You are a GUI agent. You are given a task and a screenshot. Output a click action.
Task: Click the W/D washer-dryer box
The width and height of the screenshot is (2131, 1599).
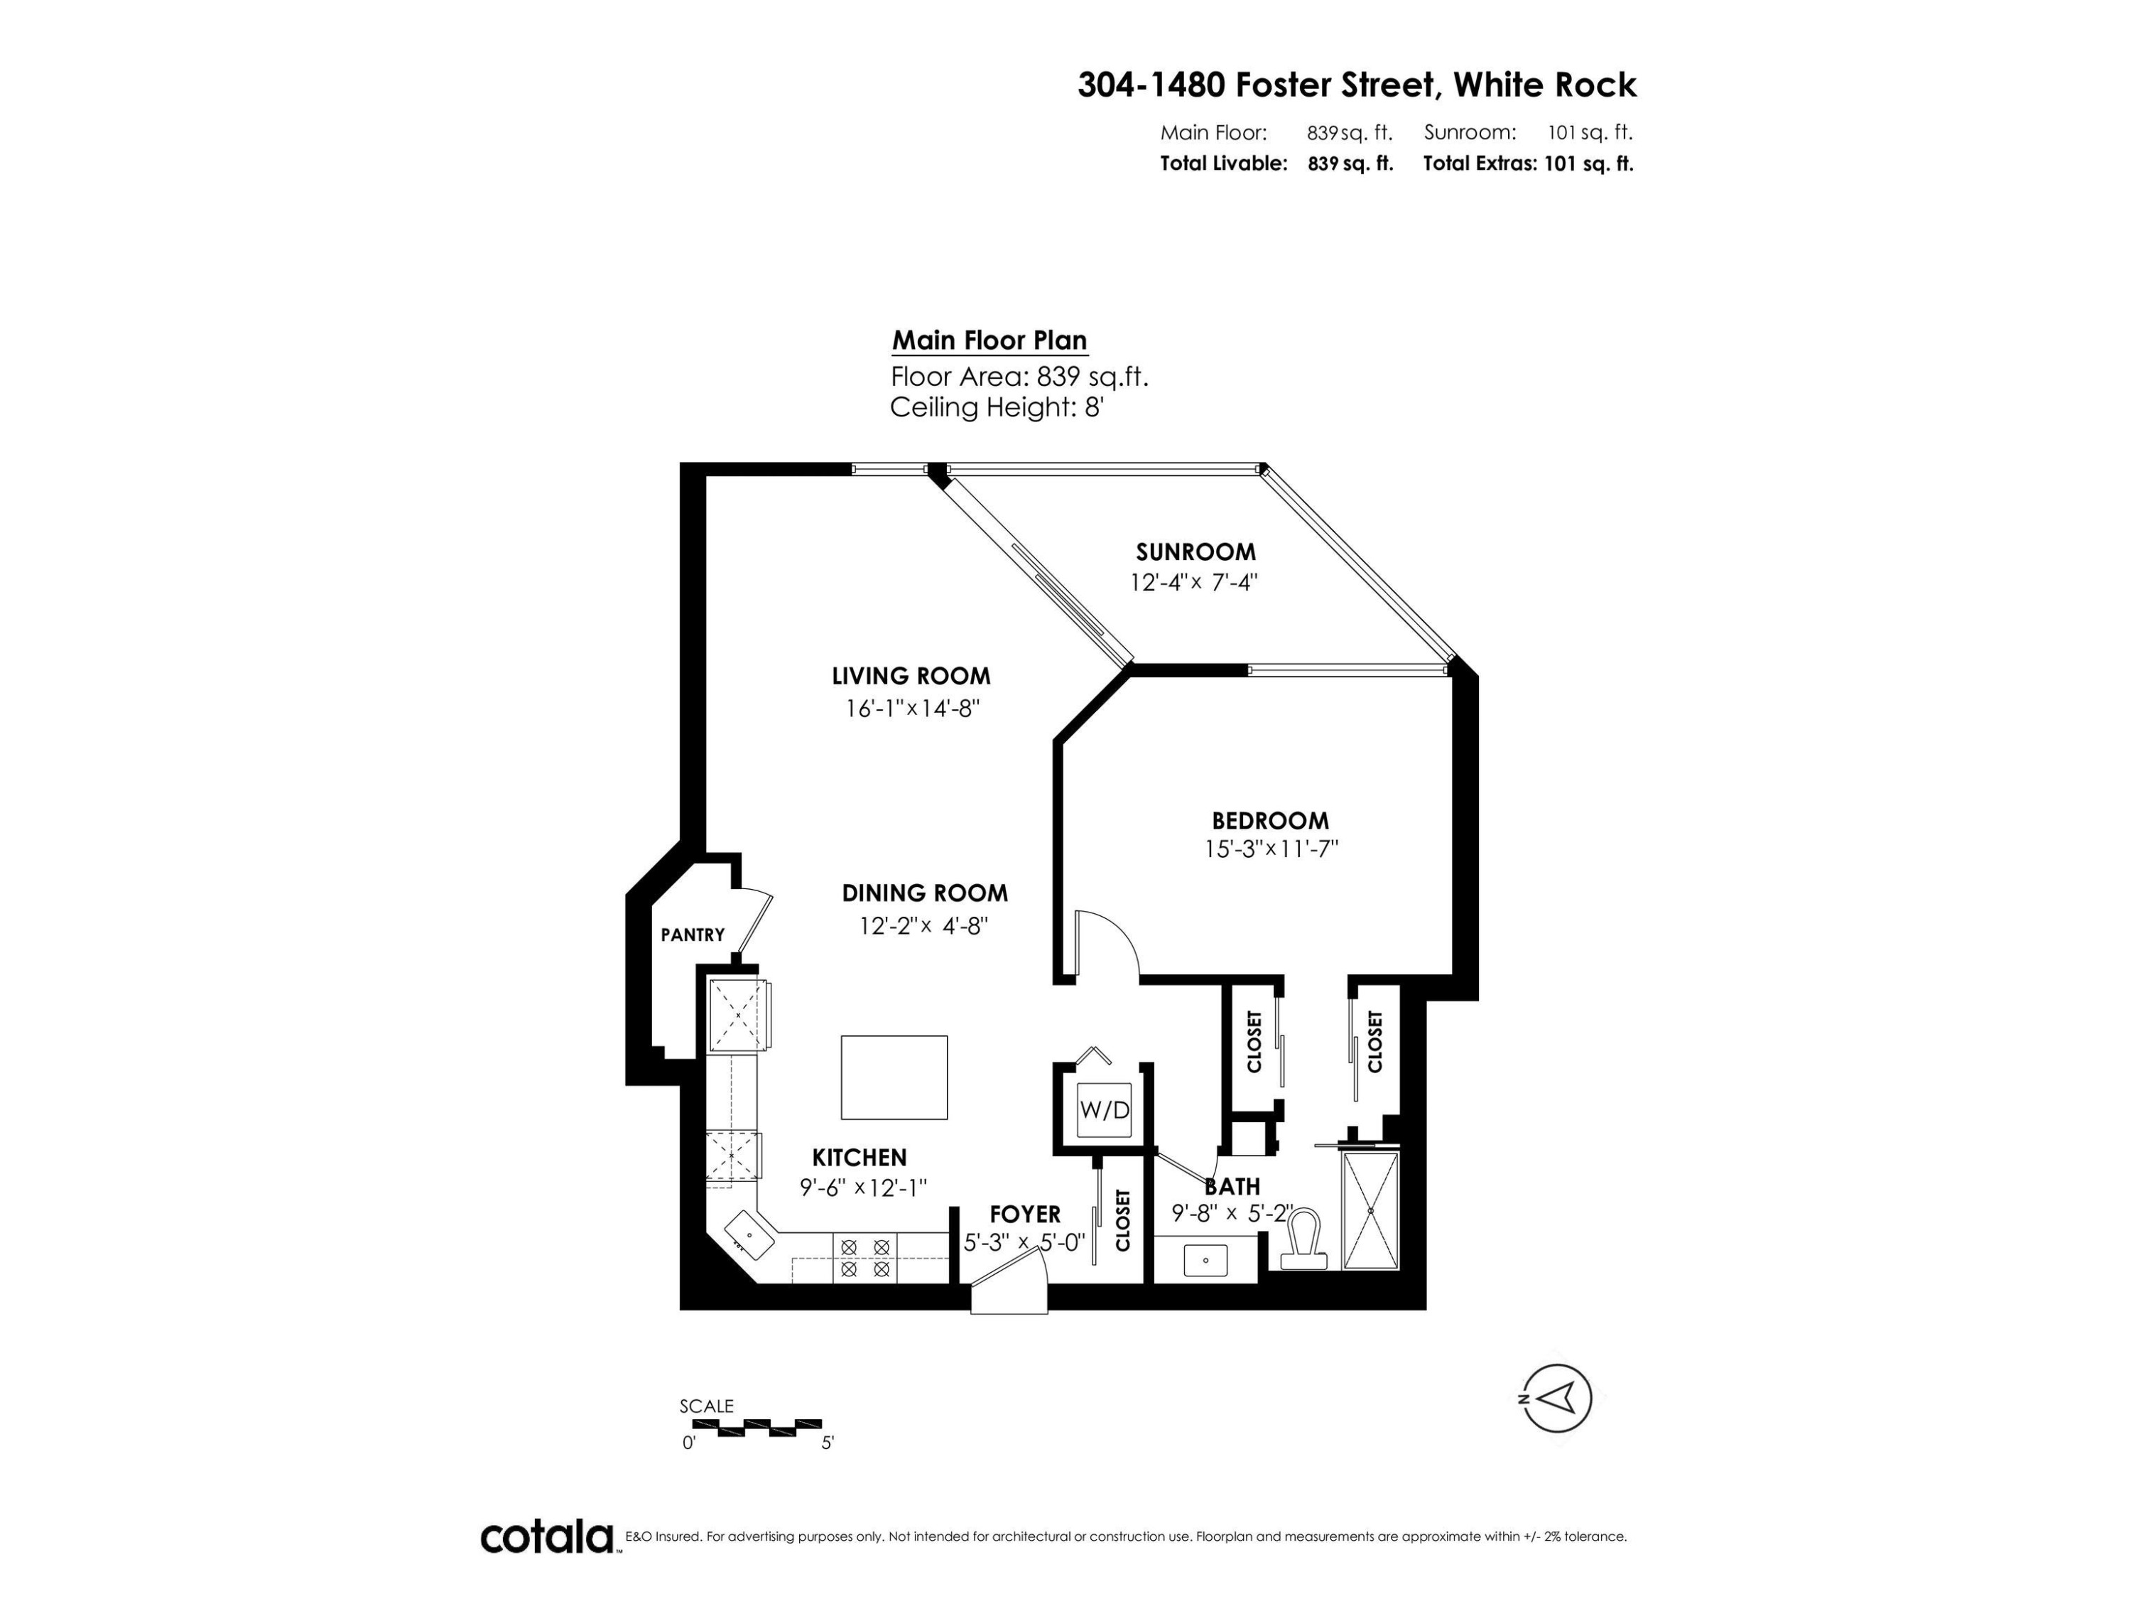(x=1104, y=1109)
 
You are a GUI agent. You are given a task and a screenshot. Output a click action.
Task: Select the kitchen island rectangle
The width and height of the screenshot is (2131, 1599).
(x=894, y=1077)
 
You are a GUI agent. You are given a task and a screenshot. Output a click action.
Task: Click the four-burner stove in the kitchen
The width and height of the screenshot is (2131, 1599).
(x=864, y=1259)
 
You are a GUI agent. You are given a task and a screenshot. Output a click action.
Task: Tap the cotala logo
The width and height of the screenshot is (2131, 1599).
(x=547, y=1536)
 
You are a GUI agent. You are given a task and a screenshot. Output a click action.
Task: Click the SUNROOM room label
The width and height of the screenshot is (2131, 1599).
(x=1195, y=552)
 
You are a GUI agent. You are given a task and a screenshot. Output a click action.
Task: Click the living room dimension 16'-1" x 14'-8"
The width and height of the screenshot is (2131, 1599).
(x=911, y=709)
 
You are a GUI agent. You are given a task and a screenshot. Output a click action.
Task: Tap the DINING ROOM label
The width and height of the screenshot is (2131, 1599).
(x=925, y=893)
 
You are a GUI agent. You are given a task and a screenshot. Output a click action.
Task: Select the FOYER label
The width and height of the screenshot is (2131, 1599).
(x=1025, y=1215)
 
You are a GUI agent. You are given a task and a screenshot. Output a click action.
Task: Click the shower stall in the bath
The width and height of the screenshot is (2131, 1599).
(x=1370, y=1210)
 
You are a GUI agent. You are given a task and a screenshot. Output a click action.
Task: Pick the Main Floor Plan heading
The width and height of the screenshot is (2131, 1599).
(x=989, y=340)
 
